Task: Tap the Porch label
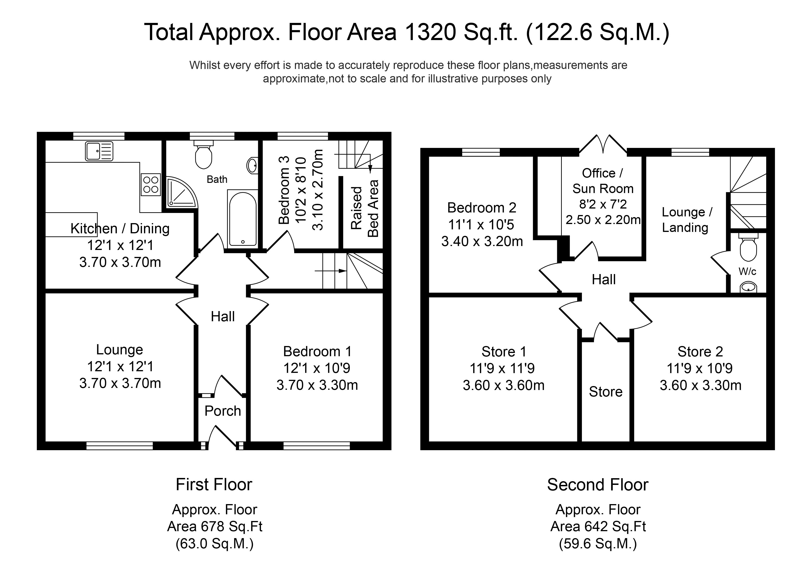tap(222, 411)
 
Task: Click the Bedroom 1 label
tap(317, 352)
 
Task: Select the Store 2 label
tap(700, 352)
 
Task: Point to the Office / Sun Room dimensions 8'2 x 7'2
tap(603, 204)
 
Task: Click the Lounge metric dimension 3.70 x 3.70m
tap(120, 383)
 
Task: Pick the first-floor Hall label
tap(222, 317)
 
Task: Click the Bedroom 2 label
tap(482, 208)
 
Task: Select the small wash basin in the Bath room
tap(252, 165)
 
